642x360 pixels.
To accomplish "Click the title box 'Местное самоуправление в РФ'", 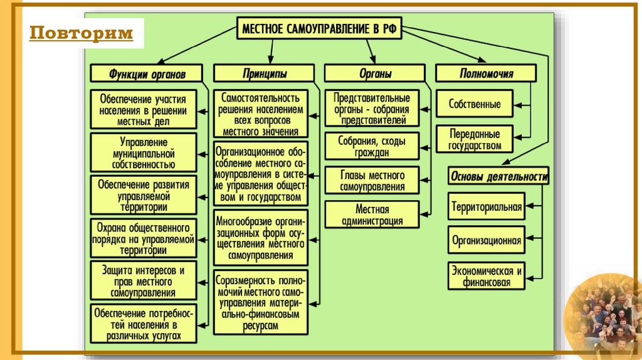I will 320,29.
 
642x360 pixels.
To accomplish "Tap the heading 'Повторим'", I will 82,33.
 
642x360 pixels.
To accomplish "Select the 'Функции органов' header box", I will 147,73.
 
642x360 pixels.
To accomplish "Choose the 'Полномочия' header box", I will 486,73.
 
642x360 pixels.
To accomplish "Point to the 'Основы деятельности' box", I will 498,177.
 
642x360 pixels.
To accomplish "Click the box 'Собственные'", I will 475,104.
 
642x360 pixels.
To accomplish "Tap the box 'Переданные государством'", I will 475,140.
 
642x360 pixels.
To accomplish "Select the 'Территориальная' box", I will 486,206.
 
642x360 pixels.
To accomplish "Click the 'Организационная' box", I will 486,240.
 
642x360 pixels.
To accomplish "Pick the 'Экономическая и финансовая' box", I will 486,277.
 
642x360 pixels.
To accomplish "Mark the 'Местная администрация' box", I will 372,214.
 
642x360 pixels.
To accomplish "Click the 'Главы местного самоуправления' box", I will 372,181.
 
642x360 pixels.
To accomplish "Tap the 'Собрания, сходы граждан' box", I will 372,146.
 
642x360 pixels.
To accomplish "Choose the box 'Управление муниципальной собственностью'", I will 144,152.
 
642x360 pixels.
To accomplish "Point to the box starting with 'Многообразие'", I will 261,238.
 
